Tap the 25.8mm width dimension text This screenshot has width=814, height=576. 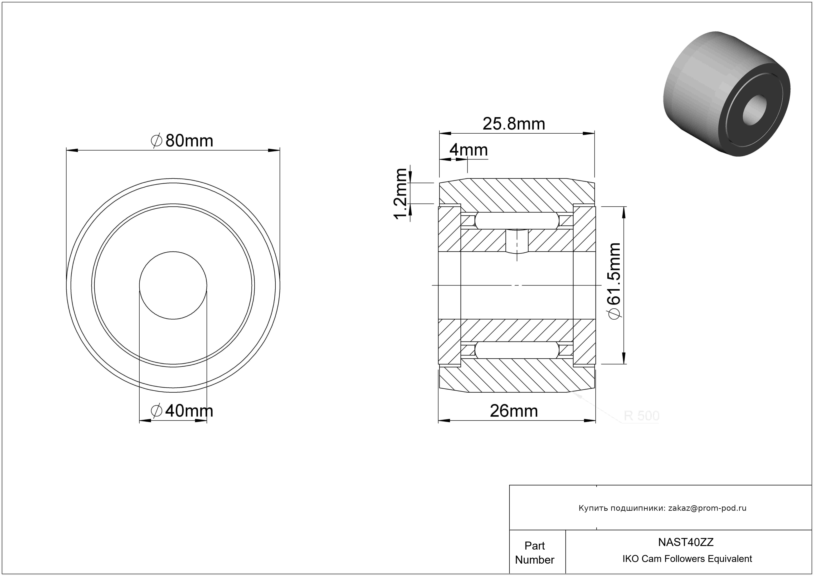514,124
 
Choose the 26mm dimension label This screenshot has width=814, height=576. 514,411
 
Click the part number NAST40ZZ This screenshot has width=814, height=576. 686,542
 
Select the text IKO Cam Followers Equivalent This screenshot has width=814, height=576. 687,559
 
